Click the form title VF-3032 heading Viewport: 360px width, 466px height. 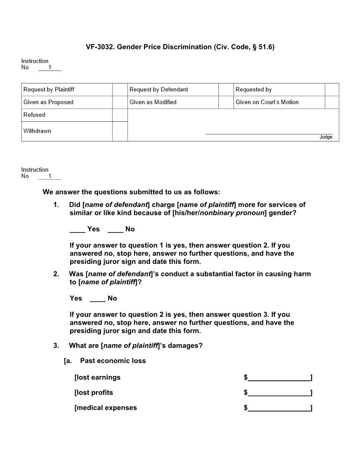click(x=180, y=47)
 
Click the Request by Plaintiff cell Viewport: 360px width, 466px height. click(x=49, y=90)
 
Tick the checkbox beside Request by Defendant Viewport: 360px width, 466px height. click(x=225, y=90)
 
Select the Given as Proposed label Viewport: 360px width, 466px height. click(x=49, y=102)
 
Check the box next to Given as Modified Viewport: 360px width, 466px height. click(x=225, y=102)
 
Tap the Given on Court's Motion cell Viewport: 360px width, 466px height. click(x=267, y=102)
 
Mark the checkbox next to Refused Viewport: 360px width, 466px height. click(x=120, y=115)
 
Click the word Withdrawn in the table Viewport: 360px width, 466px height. click(x=37, y=131)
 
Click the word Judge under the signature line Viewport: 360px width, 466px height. click(x=326, y=137)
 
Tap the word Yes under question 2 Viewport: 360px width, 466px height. click(x=76, y=298)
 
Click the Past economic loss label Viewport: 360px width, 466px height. click(x=113, y=361)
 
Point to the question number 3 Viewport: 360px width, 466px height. click(x=56, y=346)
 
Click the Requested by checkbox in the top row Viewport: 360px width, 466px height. click(x=332, y=90)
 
